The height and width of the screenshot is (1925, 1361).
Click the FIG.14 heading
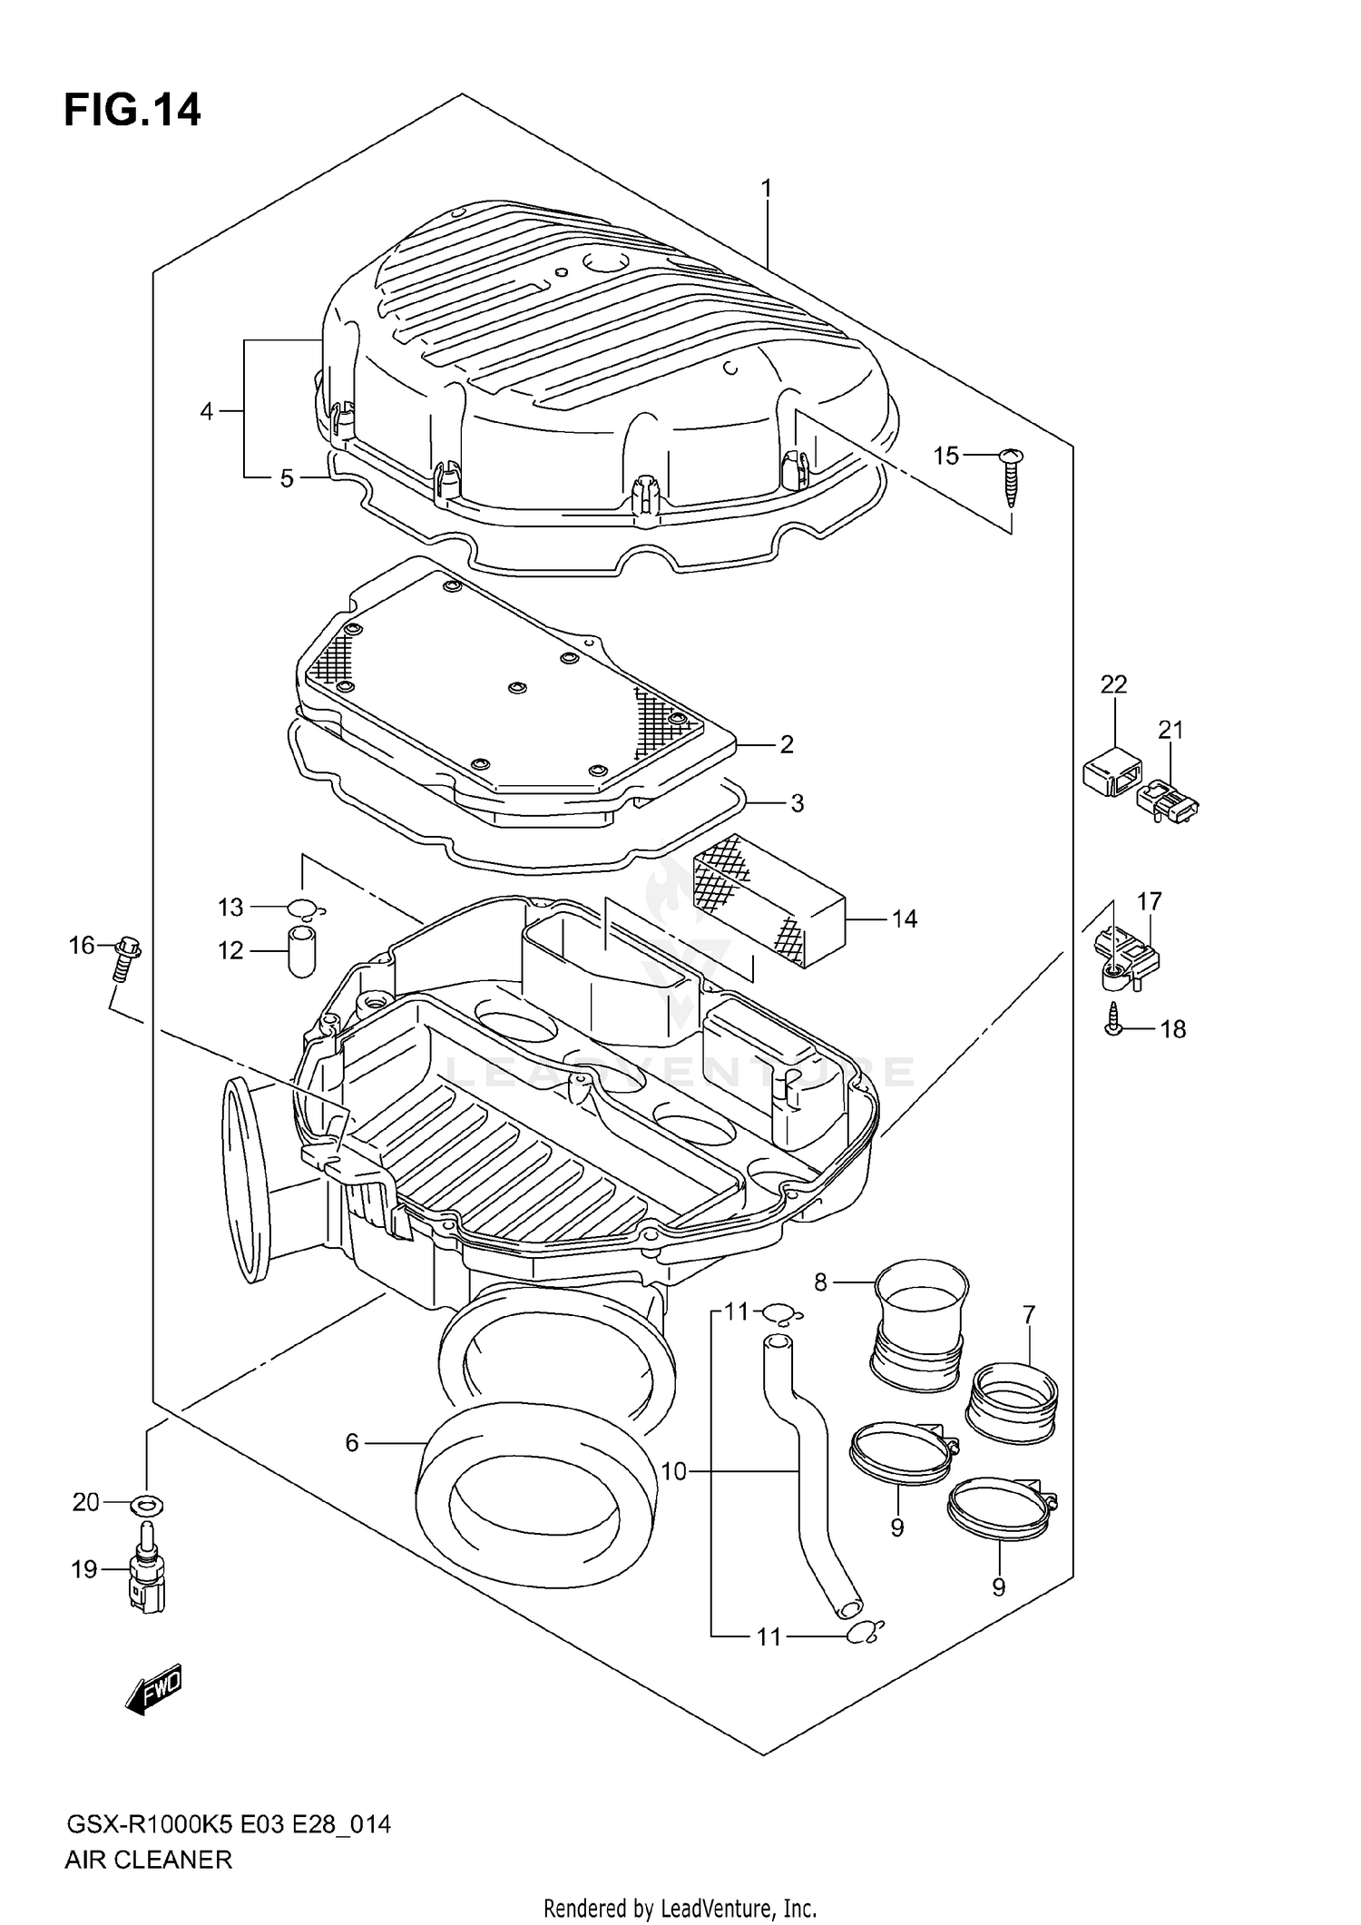tap(132, 111)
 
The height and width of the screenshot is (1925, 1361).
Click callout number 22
tap(1113, 684)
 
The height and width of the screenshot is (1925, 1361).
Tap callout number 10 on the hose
tap(674, 1471)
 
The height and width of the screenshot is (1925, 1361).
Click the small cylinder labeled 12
tap(301, 950)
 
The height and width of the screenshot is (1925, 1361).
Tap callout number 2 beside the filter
tap(786, 744)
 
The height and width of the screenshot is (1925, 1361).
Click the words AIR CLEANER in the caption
tap(148, 1860)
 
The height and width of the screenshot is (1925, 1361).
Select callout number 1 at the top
tap(767, 188)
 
